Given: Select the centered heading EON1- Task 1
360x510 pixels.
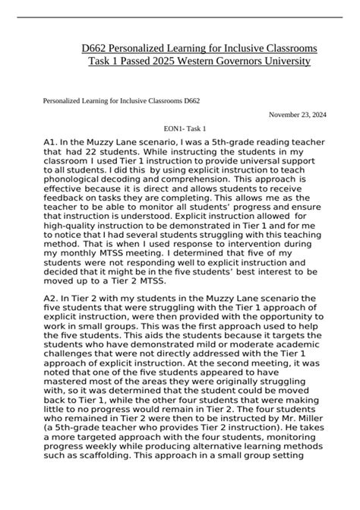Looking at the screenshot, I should point(180,129).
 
